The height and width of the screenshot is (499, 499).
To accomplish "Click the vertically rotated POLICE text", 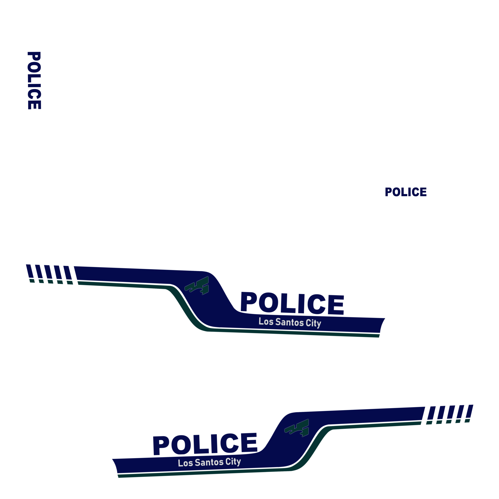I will click(34, 80).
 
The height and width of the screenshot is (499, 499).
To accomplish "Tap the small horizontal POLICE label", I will click(406, 192).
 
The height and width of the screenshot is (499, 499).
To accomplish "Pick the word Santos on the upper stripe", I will click(289, 322).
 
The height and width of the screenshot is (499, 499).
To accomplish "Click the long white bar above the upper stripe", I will click(208, 253).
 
